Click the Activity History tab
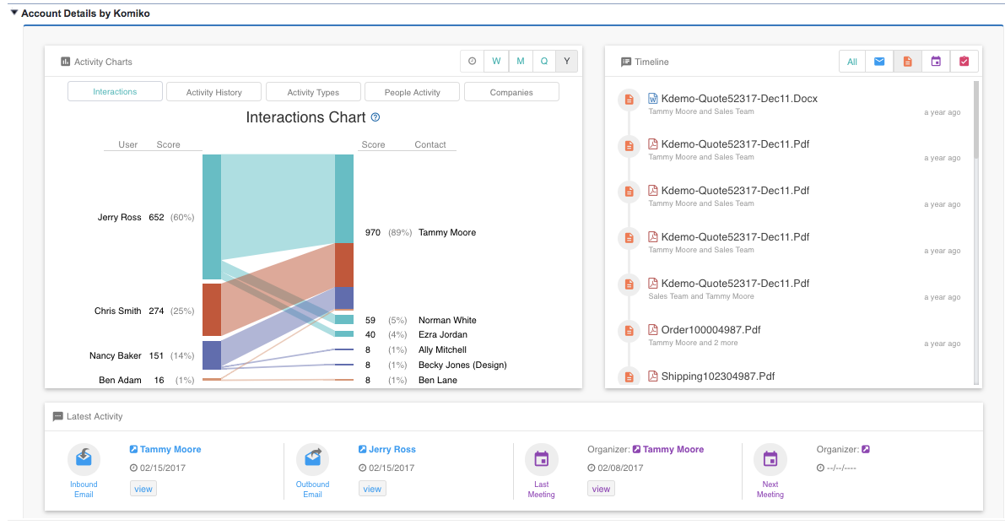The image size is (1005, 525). [213, 92]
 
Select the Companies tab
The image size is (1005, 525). [511, 92]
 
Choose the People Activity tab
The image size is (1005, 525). [412, 92]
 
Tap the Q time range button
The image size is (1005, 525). [544, 61]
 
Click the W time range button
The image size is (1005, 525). [496, 61]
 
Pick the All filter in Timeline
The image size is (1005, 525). [852, 62]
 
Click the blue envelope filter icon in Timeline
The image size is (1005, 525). [879, 62]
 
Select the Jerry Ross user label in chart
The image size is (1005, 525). [120, 217]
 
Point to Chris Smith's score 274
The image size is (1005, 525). [156, 311]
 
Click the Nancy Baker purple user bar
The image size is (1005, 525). [212, 355]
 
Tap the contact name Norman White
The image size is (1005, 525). [447, 320]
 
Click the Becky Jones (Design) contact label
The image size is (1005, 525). [462, 365]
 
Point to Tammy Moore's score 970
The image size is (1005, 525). [373, 232]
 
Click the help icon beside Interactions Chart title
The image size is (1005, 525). [376, 117]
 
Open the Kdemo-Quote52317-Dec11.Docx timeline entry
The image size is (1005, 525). [739, 99]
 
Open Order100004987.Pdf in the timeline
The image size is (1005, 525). [711, 330]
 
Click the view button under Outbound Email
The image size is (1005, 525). [372, 489]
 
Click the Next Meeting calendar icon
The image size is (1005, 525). [770, 459]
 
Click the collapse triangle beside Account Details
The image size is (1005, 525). [14, 13]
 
